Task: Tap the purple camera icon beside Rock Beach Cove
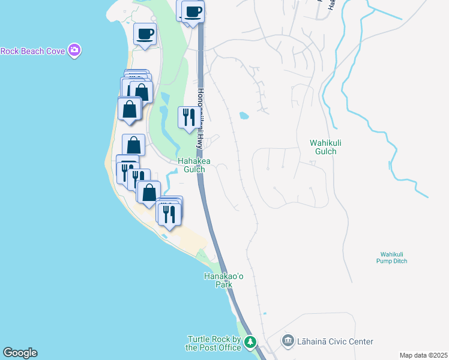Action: (x=74, y=50)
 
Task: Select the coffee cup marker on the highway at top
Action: (x=193, y=12)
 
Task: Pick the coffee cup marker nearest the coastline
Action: (x=145, y=34)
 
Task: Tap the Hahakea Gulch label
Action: (x=191, y=165)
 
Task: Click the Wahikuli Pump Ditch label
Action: (x=394, y=257)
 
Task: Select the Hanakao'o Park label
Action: (x=218, y=280)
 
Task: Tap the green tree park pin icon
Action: (x=250, y=342)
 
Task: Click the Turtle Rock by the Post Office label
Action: (x=213, y=343)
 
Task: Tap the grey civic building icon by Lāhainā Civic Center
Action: (x=288, y=341)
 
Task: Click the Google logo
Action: (x=20, y=353)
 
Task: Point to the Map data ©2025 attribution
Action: (x=423, y=355)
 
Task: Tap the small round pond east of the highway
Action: (x=244, y=115)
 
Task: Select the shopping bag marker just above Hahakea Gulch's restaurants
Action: (x=133, y=145)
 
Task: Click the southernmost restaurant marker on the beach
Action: (x=169, y=214)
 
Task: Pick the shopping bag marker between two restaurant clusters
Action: (x=149, y=193)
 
